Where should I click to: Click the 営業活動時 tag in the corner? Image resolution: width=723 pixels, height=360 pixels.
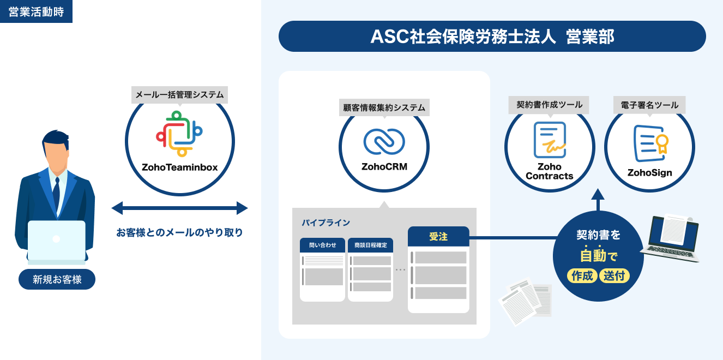tap(36, 11)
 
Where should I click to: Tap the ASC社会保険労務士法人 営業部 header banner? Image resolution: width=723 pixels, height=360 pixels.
tap(492, 36)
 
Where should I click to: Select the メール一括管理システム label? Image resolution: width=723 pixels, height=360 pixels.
tap(179, 95)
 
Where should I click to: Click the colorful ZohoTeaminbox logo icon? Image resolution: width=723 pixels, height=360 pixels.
tap(179, 130)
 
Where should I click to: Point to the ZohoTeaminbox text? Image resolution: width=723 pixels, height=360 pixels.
tap(179, 167)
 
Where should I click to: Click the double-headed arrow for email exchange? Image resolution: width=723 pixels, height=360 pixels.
tap(179, 208)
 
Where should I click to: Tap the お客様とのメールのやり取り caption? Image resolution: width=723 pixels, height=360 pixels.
tap(179, 232)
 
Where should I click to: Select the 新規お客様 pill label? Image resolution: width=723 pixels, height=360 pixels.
tap(57, 279)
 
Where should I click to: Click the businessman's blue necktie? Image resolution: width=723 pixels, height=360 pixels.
tap(56, 191)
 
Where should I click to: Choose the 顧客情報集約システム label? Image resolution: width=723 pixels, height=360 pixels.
tap(384, 107)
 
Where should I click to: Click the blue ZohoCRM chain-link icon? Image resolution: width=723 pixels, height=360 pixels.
tap(384, 141)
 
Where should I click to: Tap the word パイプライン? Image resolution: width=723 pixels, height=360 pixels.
tap(326, 223)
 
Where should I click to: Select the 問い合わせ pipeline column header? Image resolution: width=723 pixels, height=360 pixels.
tap(322, 245)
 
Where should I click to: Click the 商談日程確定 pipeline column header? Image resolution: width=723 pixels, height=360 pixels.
tap(370, 245)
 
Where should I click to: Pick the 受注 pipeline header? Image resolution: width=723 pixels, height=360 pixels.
tap(438, 237)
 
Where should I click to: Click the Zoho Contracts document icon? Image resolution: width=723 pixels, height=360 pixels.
tap(550, 140)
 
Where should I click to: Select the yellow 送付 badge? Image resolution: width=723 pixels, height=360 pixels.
tap(614, 275)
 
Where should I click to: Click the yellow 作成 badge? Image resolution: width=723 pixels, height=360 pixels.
tap(582, 275)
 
